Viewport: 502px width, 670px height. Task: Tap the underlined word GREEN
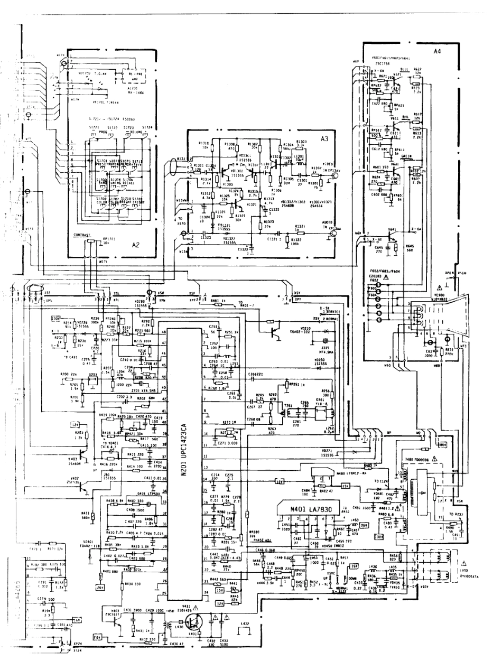pyautogui.click(x=406, y=156)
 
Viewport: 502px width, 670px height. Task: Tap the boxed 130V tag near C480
pyautogui.click(x=378, y=537)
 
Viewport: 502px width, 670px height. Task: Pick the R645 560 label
pyautogui.click(x=410, y=248)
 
